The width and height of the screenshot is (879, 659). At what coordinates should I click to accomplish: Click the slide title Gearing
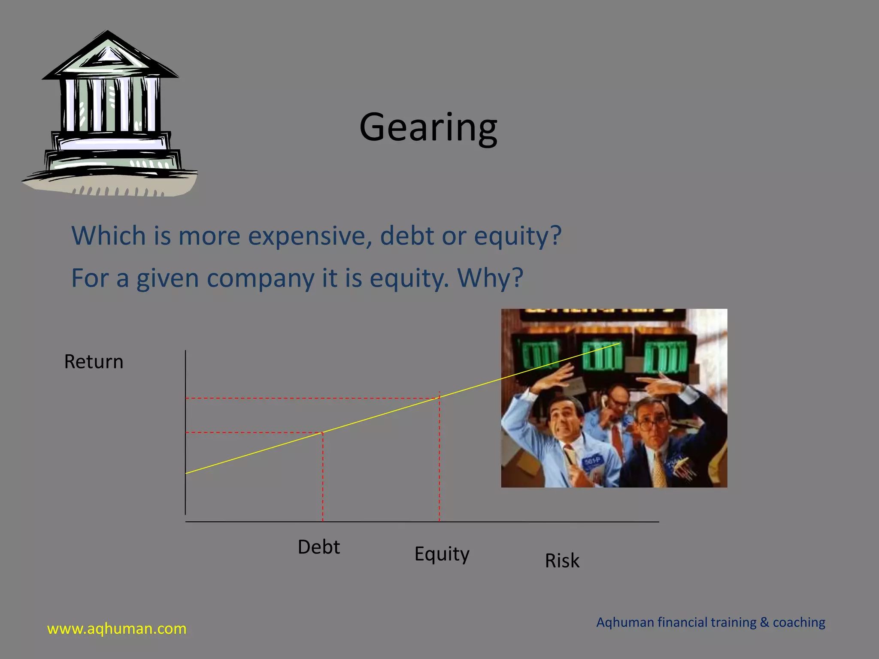(428, 127)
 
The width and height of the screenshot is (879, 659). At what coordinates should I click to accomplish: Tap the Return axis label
(94, 362)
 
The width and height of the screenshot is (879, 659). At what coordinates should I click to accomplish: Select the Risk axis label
(562, 561)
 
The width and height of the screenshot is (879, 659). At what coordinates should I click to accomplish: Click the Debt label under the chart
(318, 547)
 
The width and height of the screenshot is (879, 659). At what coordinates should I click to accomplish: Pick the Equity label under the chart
(442, 554)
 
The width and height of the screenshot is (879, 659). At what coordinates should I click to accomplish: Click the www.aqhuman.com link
(117, 629)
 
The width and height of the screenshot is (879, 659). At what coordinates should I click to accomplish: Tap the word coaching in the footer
(799, 622)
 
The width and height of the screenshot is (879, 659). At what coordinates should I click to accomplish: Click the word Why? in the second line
(490, 278)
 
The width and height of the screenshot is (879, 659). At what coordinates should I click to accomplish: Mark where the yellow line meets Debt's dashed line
(323, 432)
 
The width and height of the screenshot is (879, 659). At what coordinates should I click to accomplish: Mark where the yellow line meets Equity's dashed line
(439, 397)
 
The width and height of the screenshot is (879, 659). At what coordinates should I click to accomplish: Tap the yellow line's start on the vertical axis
(186, 473)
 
